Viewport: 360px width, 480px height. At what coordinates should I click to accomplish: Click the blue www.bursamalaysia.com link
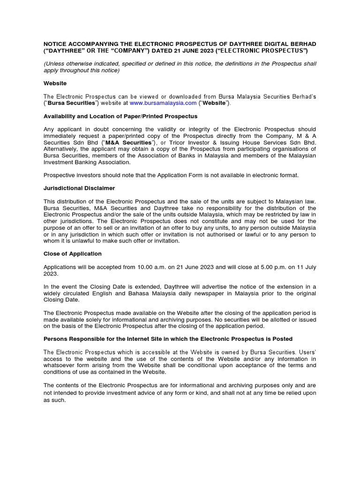[163, 103]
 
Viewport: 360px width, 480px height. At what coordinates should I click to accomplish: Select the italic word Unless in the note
[56, 63]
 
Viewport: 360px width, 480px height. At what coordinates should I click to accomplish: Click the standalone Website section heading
[55, 83]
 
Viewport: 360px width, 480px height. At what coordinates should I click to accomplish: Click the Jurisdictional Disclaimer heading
[79, 188]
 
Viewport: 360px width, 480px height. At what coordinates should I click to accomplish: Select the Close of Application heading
[73, 254]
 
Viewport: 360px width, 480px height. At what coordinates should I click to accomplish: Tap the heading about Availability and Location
[120, 116]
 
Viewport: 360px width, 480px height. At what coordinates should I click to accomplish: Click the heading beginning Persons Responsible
[168, 338]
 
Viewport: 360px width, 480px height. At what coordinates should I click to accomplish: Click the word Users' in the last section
[307, 352]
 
